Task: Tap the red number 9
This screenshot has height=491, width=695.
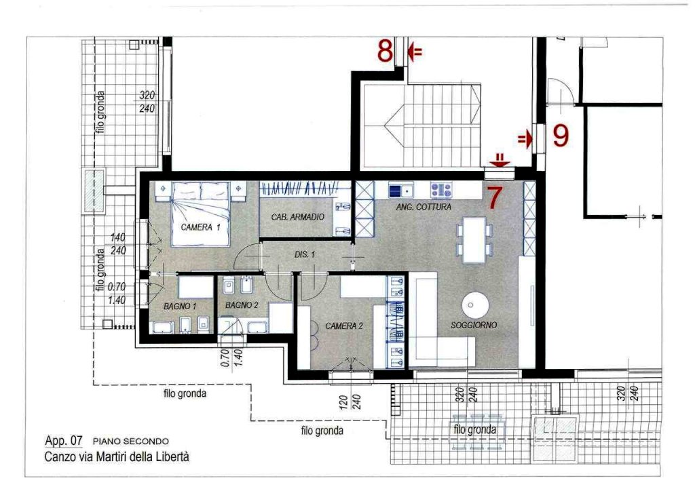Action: point(561,136)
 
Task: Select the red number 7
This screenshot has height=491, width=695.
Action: point(495,197)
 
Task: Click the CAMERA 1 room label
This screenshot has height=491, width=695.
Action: point(200,227)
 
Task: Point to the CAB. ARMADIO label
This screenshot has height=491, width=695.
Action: point(297,217)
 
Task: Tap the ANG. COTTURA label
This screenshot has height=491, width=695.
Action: point(424,207)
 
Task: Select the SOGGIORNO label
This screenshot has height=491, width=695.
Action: point(473,325)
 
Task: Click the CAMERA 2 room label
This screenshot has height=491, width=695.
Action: point(344,326)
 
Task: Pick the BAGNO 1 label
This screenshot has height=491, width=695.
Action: point(179,306)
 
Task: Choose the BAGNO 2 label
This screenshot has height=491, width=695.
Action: point(242,305)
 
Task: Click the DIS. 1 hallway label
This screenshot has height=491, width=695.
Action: point(305,254)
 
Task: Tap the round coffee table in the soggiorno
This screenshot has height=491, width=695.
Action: point(475,305)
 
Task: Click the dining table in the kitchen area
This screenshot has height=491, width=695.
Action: point(474,239)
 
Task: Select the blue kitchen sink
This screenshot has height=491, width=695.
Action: point(400,191)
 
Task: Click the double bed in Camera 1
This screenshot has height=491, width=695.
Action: point(201,214)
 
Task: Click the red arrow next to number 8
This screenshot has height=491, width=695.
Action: point(415,52)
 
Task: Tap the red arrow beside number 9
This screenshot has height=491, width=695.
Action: point(525,140)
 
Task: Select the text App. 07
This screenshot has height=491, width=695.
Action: point(64,441)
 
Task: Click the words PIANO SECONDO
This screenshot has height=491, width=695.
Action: point(131,441)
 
